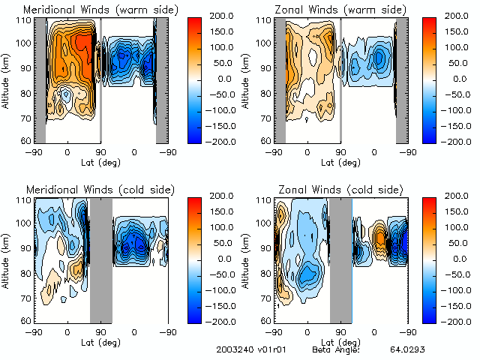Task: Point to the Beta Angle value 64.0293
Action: [406, 349]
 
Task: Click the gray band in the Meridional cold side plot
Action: [100, 259]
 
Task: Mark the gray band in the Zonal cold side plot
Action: [340, 259]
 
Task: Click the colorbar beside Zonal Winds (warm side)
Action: [429, 79]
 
